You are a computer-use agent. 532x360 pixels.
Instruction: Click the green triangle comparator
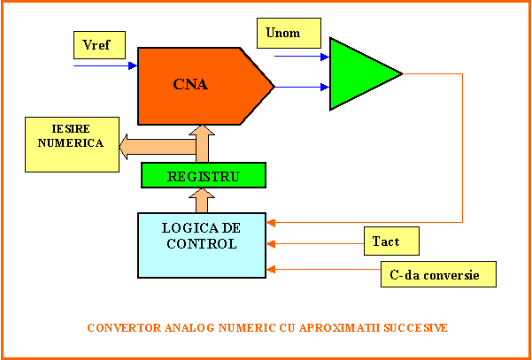pyautogui.click(x=359, y=73)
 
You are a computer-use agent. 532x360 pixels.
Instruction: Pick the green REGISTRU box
pyautogui.click(x=204, y=175)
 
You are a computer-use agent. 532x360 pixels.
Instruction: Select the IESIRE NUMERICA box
pyautogui.click(x=71, y=143)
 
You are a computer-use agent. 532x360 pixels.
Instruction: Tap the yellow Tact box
pyautogui.click(x=389, y=240)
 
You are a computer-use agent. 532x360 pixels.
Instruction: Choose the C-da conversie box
pyautogui.click(x=437, y=274)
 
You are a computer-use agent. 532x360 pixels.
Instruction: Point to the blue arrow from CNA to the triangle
pyautogui.click(x=301, y=87)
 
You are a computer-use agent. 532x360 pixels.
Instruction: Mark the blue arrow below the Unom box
pyautogui.click(x=301, y=57)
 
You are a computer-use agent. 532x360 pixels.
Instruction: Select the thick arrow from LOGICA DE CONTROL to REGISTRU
pyautogui.click(x=202, y=200)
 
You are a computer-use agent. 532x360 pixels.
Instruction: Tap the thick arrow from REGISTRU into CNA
pyautogui.click(x=202, y=142)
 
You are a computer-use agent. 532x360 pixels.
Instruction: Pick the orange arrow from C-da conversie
pyautogui.click(x=323, y=269)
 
